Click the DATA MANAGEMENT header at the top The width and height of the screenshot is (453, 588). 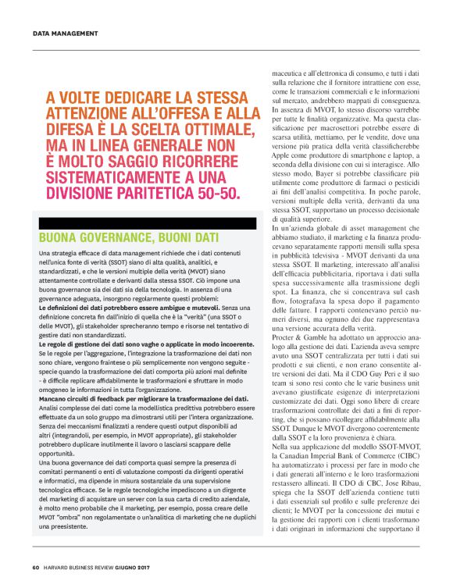coord(65,34)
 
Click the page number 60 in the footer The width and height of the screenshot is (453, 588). coord(36,567)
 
